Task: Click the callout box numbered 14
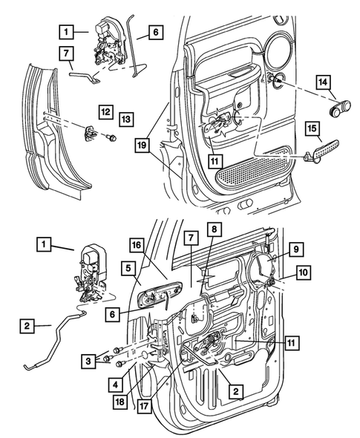[324, 82]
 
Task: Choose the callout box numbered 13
[126, 118]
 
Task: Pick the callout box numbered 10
[304, 272]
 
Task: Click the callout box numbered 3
[88, 360]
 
